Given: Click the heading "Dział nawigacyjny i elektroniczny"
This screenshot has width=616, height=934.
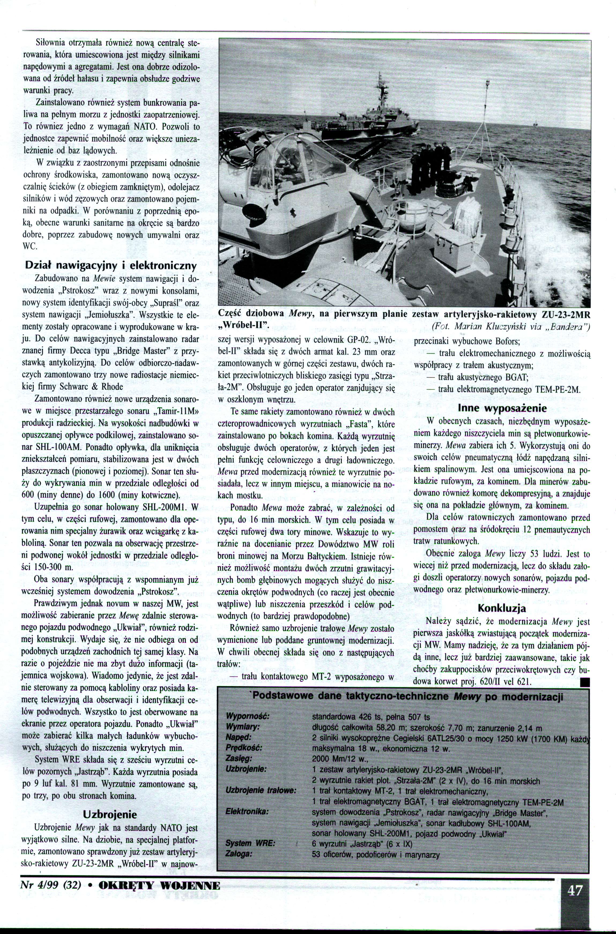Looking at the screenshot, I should (x=110, y=266).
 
